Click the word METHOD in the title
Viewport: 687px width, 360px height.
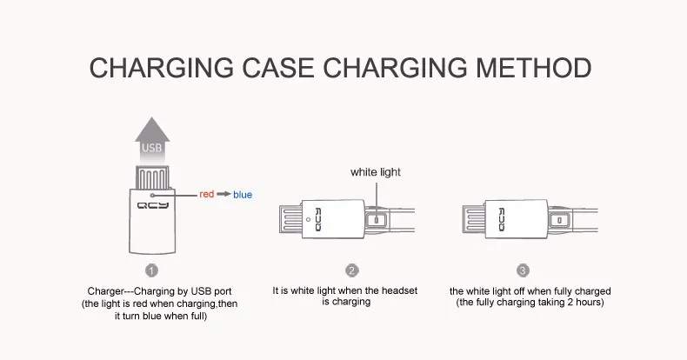click(x=534, y=68)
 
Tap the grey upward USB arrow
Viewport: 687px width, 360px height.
click(x=152, y=141)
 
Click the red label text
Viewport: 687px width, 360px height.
click(x=206, y=194)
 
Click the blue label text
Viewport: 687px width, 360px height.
click(x=243, y=195)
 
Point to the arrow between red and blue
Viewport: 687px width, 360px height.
click(x=223, y=194)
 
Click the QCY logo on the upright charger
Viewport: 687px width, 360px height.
click(x=152, y=205)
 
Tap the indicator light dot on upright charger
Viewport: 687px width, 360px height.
click(x=152, y=196)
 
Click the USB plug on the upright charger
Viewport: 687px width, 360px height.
click(x=152, y=177)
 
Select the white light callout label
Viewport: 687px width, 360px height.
click(x=376, y=172)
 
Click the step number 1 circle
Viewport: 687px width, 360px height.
click(x=151, y=270)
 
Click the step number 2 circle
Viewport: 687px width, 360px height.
click(x=352, y=270)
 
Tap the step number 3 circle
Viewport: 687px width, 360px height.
click(x=523, y=270)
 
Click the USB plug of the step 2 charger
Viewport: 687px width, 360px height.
click(x=290, y=219)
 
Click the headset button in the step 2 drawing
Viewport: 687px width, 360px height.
click(x=376, y=220)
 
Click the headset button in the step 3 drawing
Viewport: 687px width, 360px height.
click(x=559, y=220)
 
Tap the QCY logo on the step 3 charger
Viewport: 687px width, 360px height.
click(x=501, y=219)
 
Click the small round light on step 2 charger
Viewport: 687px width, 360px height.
click(x=309, y=219)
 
